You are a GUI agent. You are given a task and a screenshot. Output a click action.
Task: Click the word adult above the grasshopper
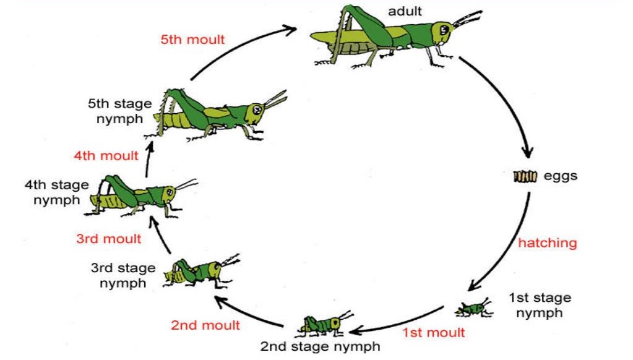pos(405,11)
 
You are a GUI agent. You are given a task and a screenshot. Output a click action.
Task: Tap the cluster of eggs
pos(525,177)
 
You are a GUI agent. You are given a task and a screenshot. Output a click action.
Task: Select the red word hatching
pos(547,242)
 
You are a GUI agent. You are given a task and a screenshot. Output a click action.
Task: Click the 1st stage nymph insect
pos(475,307)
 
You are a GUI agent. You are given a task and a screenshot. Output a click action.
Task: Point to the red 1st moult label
pos(433,333)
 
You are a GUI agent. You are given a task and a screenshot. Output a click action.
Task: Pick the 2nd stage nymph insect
pos(322,324)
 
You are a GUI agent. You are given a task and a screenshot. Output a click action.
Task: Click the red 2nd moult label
pos(205,325)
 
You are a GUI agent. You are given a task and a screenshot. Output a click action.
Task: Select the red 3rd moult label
pos(109,238)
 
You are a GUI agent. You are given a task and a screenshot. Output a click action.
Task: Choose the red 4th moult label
pos(106,156)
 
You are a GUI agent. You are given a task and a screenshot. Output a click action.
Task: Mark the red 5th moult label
pos(192,40)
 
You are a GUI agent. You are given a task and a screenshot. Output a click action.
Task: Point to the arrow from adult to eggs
pos(507,99)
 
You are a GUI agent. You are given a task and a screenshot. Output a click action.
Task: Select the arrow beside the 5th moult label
pos(241,43)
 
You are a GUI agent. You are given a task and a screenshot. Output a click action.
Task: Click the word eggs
pos(560,176)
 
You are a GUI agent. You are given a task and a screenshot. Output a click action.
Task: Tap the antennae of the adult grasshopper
pos(467,19)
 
